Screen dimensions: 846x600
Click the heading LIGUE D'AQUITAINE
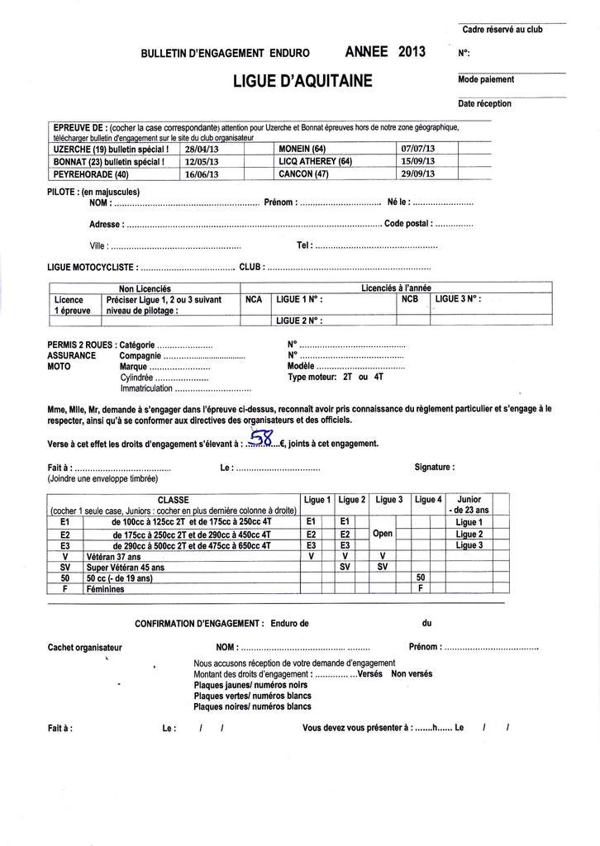click(303, 81)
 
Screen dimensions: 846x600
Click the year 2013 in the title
click(412, 52)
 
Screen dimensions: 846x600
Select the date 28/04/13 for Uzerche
click(202, 150)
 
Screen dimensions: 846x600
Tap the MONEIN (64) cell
click(302, 150)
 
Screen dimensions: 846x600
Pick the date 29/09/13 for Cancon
click(417, 174)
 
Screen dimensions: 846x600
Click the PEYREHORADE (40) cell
click(91, 174)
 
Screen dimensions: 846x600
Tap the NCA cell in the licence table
click(255, 299)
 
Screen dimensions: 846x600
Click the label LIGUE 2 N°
click(299, 321)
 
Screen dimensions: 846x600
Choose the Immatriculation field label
click(147, 387)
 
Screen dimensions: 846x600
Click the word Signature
click(434, 467)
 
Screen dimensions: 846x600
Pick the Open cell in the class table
click(383, 534)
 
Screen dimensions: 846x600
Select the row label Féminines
click(105, 589)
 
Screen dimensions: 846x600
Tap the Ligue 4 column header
click(428, 500)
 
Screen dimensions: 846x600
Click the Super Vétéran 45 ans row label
click(126, 568)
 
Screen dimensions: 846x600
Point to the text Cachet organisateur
click(85, 648)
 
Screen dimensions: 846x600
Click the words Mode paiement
click(486, 80)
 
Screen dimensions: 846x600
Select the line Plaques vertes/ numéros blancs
click(252, 696)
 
